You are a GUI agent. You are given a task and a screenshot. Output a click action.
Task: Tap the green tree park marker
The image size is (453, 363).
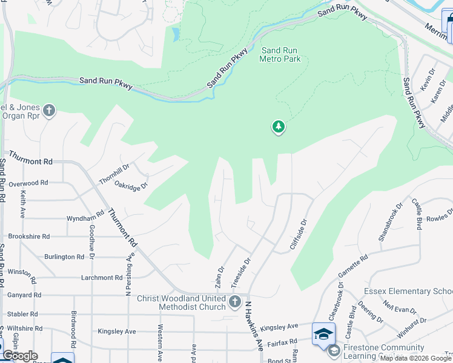click(x=279, y=127)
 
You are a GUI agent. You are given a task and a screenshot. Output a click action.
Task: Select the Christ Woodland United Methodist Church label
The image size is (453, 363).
click(x=181, y=302)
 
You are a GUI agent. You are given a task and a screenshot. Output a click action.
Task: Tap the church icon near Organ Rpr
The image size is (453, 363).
click(x=49, y=111)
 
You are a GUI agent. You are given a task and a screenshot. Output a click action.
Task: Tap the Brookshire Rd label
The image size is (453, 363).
click(x=28, y=237)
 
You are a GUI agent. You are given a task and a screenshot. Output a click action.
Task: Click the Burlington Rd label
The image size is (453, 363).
click(x=64, y=257)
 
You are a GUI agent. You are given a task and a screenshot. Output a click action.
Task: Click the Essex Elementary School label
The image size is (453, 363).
click(x=408, y=292)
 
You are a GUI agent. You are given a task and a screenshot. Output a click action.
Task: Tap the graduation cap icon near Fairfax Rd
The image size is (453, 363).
click(x=323, y=333)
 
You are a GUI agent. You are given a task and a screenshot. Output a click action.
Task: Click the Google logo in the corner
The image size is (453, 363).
click(x=20, y=355)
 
